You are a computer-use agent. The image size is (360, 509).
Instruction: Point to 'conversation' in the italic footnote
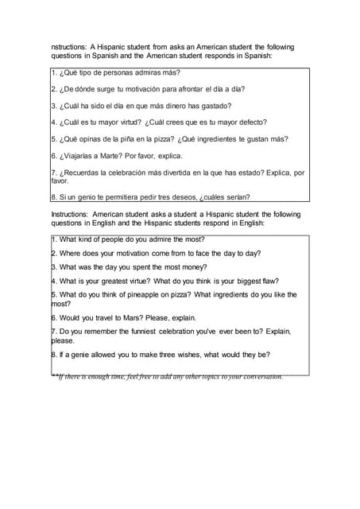point(260,376)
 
